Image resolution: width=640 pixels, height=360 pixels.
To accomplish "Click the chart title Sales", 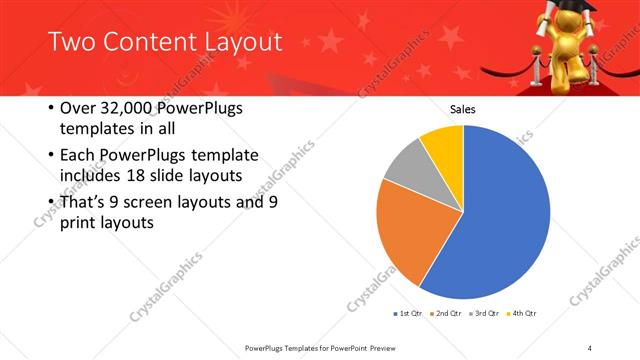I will pos(463,109).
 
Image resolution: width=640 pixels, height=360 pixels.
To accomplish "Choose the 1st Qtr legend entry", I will pos(409,315).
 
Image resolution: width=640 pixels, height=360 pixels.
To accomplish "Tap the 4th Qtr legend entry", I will pos(522,315).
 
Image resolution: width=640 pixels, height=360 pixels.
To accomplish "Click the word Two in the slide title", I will pos(70,41).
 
